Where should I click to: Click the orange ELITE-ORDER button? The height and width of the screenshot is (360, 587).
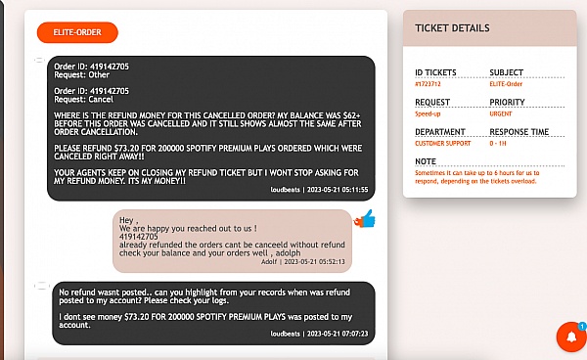click(77, 32)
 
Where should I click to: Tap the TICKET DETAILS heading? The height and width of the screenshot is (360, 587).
click(452, 28)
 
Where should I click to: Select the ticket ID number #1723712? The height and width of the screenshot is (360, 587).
click(428, 84)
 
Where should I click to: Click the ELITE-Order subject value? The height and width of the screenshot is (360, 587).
click(506, 84)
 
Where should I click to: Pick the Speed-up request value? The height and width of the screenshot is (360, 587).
click(428, 113)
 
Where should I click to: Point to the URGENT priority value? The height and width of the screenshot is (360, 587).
click(501, 113)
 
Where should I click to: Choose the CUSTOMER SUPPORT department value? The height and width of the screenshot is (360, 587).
click(443, 144)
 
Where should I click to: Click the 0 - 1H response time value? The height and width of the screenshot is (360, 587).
click(498, 144)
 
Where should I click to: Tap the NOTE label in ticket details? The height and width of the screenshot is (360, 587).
click(426, 161)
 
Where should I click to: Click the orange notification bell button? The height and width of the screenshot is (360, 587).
click(571, 337)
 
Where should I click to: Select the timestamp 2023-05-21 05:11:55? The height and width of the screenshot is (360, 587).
click(338, 190)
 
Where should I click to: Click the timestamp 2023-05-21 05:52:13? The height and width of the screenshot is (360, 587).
click(314, 262)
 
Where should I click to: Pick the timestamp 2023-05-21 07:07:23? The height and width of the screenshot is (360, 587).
click(338, 334)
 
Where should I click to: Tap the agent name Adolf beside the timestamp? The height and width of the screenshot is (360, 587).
click(269, 262)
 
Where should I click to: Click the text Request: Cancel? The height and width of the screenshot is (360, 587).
click(83, 100)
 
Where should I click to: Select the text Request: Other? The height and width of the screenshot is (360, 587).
click(81, 75)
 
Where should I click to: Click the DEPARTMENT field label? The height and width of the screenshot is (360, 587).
click(440, 132)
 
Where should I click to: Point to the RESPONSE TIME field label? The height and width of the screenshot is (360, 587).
click(519, 132)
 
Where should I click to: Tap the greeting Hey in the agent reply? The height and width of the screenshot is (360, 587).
click(126, 220)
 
